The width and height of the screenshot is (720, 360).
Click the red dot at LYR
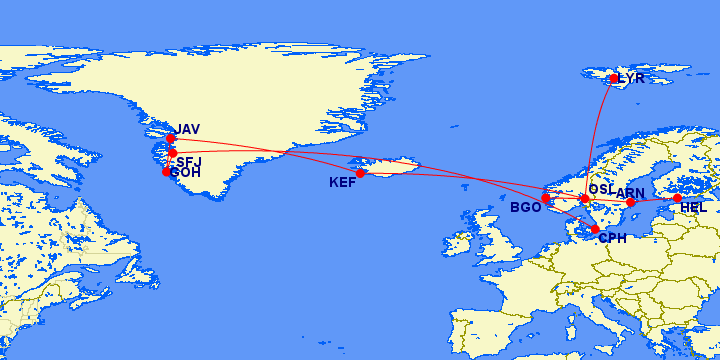click(x=614, y=78)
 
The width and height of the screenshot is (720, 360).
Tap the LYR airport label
click(x=632, y=78)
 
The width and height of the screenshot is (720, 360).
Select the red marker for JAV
click(x=171, y=138)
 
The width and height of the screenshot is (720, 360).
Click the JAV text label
click(x=188, y=130)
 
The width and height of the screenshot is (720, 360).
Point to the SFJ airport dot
click(x=172, y=153)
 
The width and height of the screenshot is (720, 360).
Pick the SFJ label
click(x=189, y=162)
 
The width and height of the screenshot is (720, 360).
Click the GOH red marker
click(x=166, y=171)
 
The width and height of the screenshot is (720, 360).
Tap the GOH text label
click(x=186, y=173)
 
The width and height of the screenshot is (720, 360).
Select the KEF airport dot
click(x=360, y=173)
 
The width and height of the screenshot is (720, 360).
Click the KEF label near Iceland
click(x=343, y=183)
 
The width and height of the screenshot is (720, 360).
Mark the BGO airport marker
click(x=546, y=198)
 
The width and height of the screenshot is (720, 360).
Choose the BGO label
click(x=525, y=208)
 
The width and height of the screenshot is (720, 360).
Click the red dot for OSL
click(x=585, y=198)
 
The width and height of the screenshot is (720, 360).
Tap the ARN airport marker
click(x=630, y=202)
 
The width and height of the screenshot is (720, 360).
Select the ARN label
click(x=631, y=192)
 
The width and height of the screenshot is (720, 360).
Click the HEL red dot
click(x=677, y=198)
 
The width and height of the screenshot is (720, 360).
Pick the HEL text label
click(x=693, y=208)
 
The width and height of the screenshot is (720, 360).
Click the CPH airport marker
click(x=595, y=229)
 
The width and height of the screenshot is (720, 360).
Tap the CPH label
click(x=611, y=238)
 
